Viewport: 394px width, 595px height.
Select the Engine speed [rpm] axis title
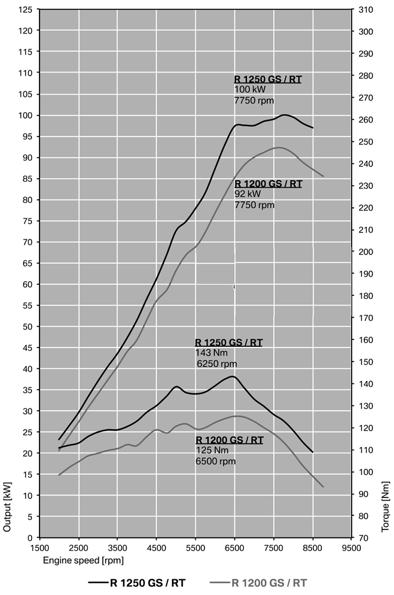tap(83, 560)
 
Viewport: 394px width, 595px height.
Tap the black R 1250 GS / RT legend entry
tap(139, 582)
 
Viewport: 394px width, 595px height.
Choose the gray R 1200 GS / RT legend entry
tap(261, 582)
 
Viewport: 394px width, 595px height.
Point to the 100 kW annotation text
tap(250, 89)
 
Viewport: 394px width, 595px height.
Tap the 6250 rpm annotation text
tap(217, 363)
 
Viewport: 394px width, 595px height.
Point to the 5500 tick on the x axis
tap(196, 547)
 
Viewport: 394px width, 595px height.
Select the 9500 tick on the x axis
tap(352, 547)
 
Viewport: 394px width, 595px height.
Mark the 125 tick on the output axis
tap(26, 10)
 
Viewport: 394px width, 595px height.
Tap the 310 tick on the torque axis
tap(366, 10)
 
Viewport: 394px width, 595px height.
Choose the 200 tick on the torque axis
tap(366, 252)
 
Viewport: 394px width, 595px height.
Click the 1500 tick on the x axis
tap(40, 547)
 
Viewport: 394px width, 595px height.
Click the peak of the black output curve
tap(284, 115)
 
